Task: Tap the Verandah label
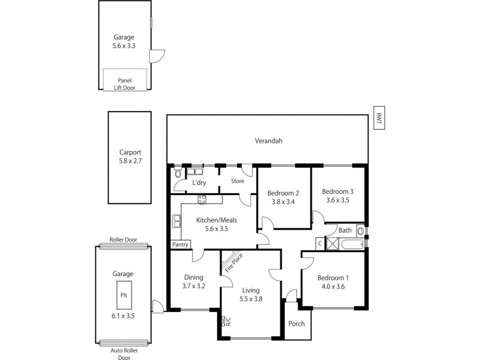pos(268,141)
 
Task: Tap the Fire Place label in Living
pos(233,263)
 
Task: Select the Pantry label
pos(180,244)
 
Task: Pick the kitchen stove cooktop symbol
pos(202,200)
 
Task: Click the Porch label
pos(296,323)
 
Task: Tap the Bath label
pos(344,230)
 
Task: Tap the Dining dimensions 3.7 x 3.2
pos(194,286)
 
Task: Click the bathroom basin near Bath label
pos(360,230)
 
